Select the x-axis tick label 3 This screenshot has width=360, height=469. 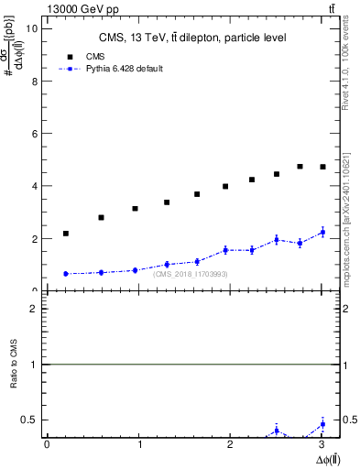coord(322,444)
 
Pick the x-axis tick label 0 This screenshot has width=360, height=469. coord(47,444)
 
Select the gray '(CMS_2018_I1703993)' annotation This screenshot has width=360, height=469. coord(191,274)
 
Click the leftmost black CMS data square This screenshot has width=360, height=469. coord(66,234)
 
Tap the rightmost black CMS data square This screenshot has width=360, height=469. coord(322,167)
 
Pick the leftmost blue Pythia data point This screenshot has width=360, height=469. coord(66,274)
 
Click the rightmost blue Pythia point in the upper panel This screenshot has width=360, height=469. coord(322,233)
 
